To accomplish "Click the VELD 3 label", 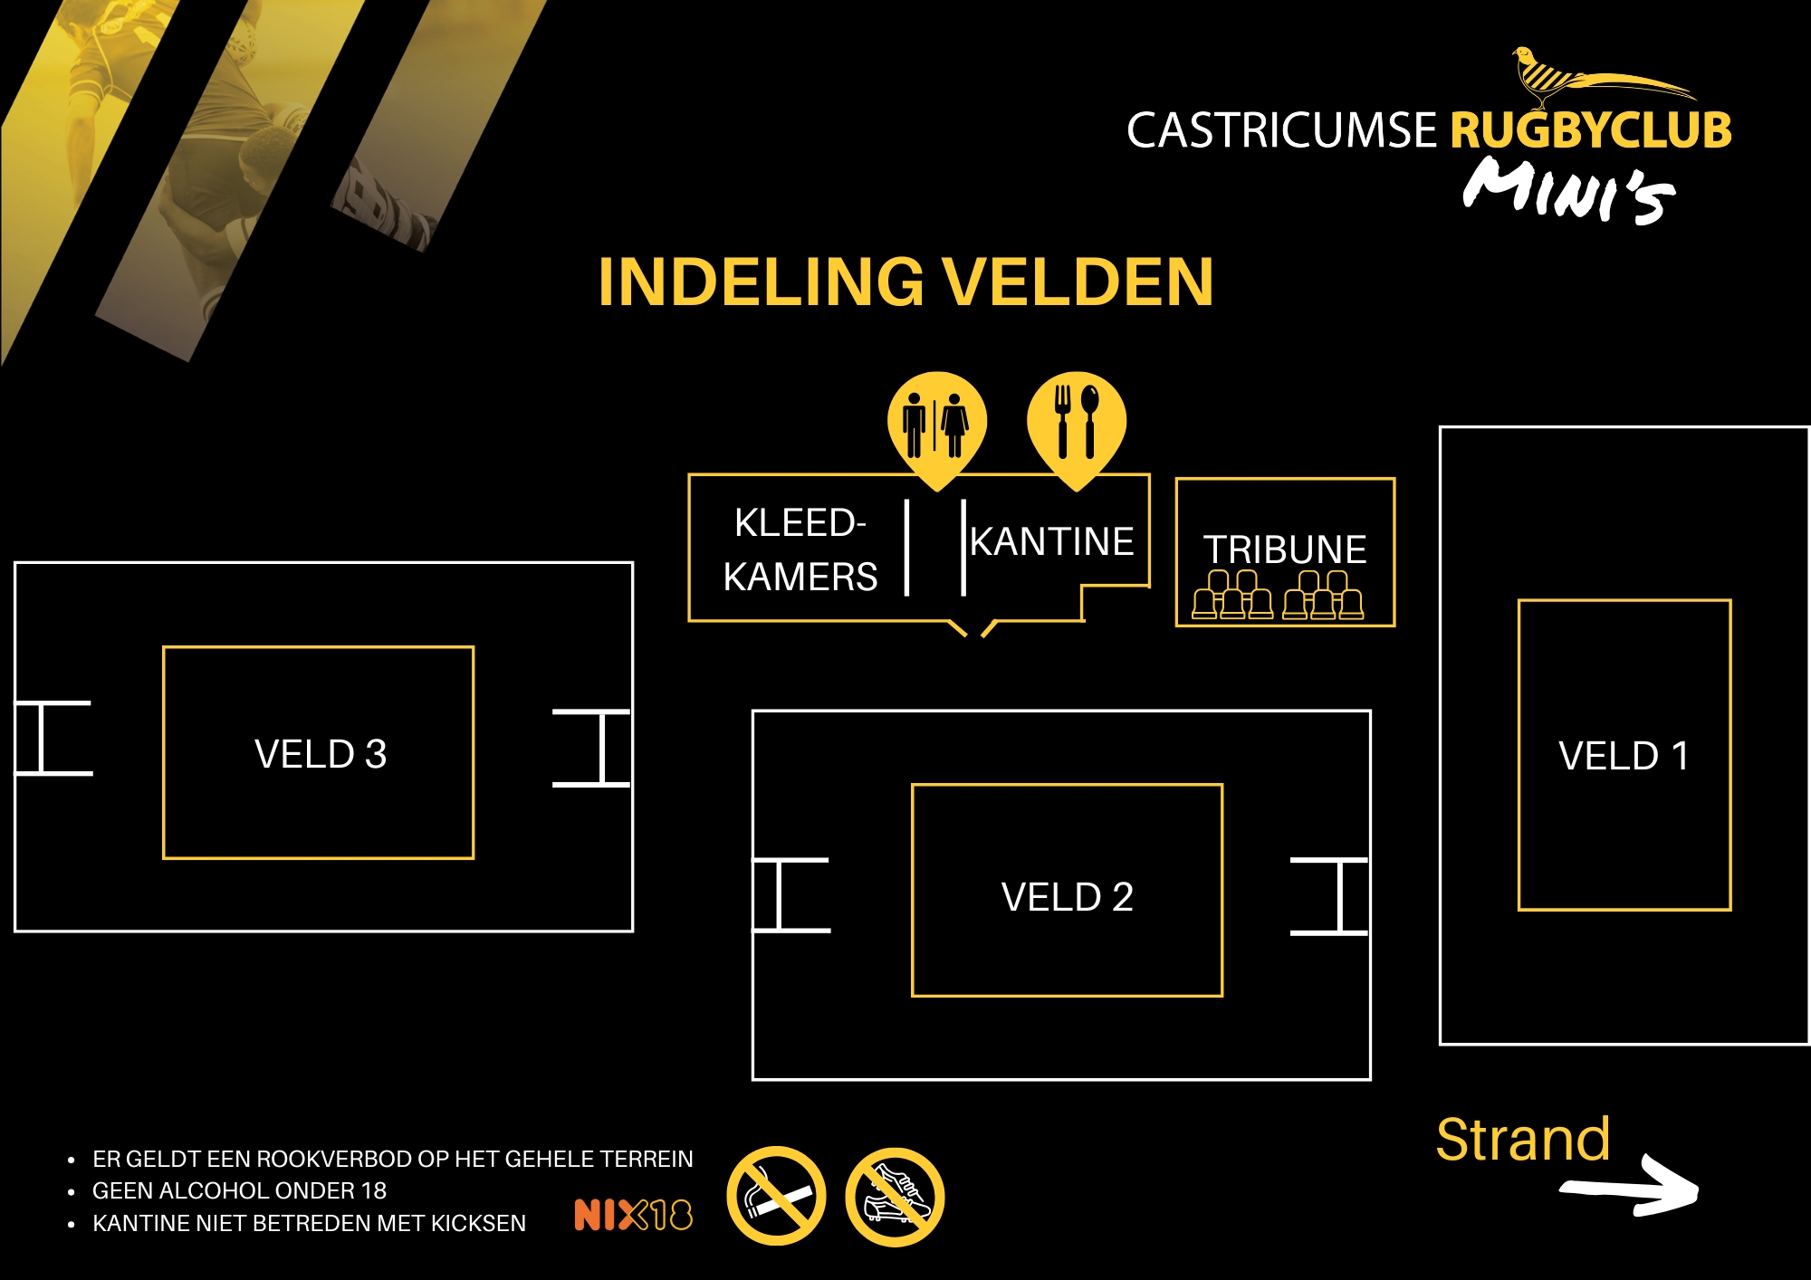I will (321, 754).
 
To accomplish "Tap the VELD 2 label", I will (1067, 897).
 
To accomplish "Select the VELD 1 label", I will (1624, 756).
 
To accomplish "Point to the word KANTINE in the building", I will (1052, 542).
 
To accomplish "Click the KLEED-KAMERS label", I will (800, 549).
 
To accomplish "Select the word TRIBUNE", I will (1285, 549).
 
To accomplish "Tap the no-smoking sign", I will (776, 1196).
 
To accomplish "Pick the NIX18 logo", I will (633, 1215).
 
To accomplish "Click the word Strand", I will (1523, 1139).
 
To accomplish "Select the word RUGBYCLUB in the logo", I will (1591, 130).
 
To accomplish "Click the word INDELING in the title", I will (761, 282).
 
